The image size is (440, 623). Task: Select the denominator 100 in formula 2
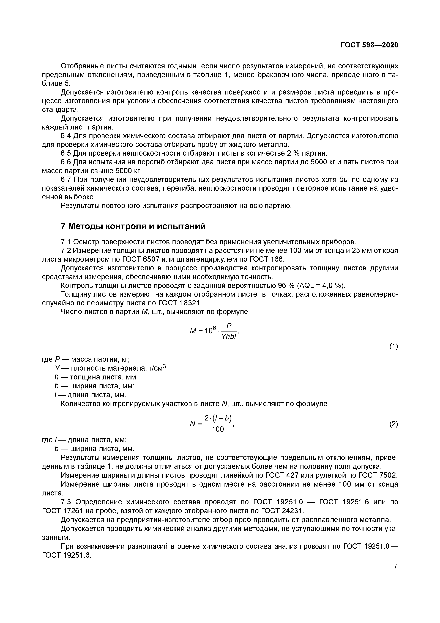[218, 429]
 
